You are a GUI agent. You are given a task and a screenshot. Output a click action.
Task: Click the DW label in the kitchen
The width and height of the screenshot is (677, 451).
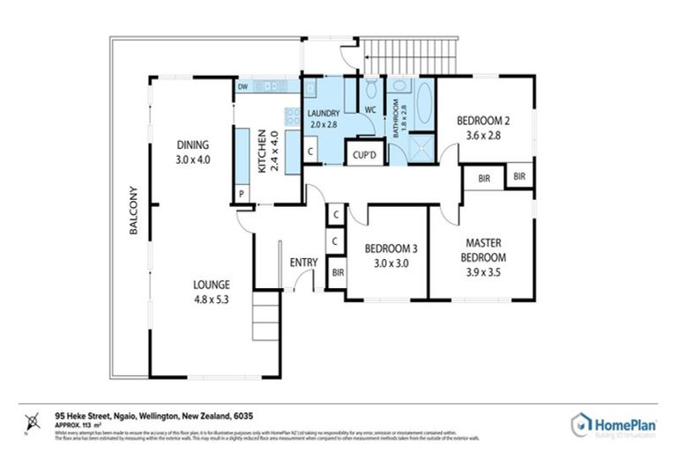coord(242,87)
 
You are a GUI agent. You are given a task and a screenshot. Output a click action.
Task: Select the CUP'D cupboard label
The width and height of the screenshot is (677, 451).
coord(365,155)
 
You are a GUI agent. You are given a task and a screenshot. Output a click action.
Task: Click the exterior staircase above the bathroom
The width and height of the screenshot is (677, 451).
coord(414,57)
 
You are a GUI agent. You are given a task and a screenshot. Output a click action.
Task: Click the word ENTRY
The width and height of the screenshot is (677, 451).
coord(303,262)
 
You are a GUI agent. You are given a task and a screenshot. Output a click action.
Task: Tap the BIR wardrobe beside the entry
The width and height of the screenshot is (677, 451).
coord(336,272)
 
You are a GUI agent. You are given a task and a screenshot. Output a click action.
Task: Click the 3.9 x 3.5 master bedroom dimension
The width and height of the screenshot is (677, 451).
coord(485,272)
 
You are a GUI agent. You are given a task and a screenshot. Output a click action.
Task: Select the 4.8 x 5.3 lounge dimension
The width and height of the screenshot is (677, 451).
coord(212,299)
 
